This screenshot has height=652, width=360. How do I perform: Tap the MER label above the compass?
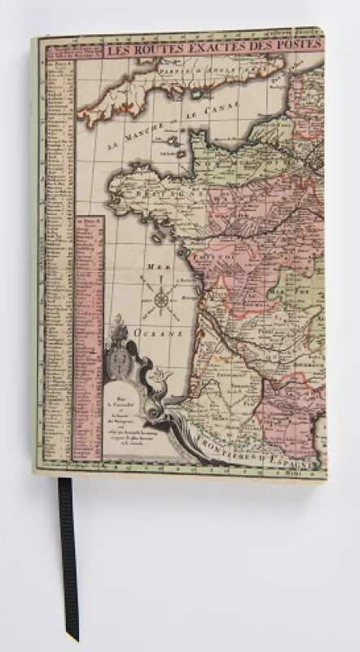pos(157,267)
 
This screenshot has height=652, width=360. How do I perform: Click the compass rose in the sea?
pos(161,300)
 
